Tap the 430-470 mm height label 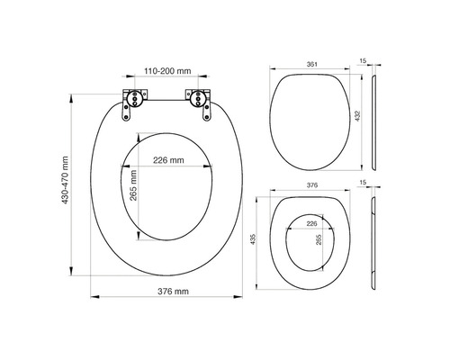pyautogui.click(x=65, y=179)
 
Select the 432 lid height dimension pyautogui.click(x=359, y=118)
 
